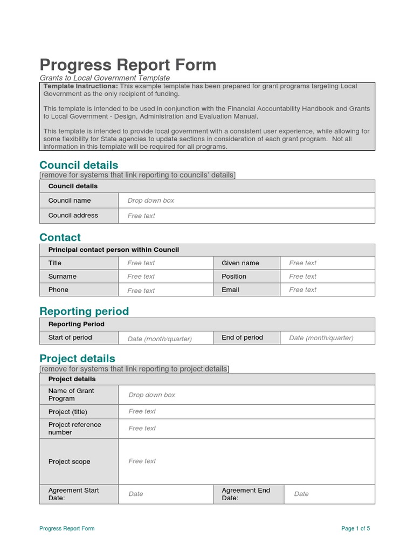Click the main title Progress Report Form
point(128,65)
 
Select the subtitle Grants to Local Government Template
point(105,78)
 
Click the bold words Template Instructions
point(80,86)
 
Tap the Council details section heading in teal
point(79,165)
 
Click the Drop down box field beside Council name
point(151,201)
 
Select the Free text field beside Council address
point(141,216)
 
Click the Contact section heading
point(60,237)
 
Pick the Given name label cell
point(240,263)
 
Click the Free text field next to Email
point(303,290)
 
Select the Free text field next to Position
point(303,277)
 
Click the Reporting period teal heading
point(84,312)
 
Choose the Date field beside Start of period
point(160,339)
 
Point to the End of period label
point(242,337)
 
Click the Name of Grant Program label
point(71,395)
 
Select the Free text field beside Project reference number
point(142,429)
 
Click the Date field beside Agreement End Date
point(301,494)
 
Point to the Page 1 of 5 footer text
point(355,528)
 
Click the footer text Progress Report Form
point(67,528)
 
